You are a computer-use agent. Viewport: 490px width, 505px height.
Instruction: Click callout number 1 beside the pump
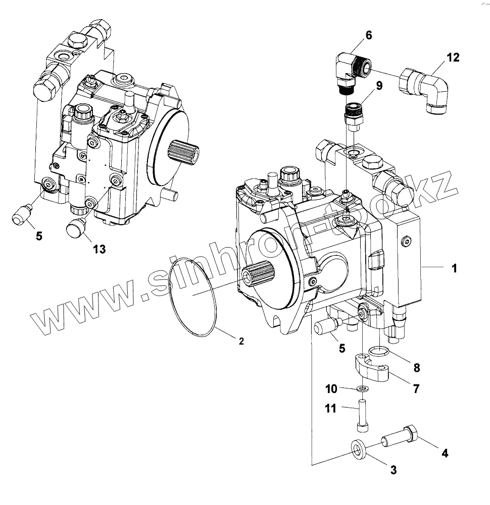pyautogui.click(x=454, y=268)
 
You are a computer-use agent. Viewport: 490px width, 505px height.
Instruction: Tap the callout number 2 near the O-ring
pyautogui.click(x=241, y=342)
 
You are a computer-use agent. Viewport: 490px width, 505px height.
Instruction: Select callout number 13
pyautogui.click(x=100, y=248)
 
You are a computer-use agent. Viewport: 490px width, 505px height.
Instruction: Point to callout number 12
pyautogui.click(x=453, y=58)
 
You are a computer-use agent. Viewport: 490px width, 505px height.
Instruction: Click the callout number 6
pyautogui.click(x=368, y=35)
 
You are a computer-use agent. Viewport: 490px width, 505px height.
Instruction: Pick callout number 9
pyautogui.click(x=379, y=85)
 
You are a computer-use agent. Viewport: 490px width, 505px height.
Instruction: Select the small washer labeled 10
pyautogui.click(x=362, y=388)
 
